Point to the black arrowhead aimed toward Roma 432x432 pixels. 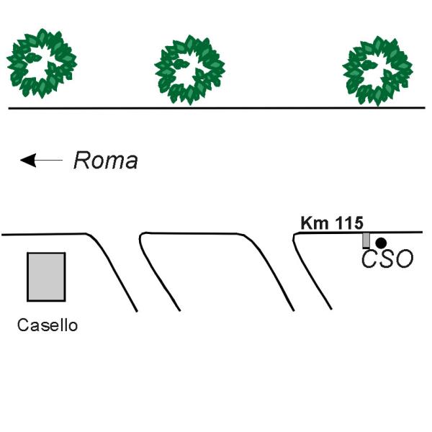tap(28, 160)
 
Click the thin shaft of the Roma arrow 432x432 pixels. tap(50, 160)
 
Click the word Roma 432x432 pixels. tap(106, 161)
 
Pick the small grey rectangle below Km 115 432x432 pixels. tap(366, 240)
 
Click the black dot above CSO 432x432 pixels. tap(382, 243)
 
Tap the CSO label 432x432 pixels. tap(387, 258)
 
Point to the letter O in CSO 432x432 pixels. tap(405, 258)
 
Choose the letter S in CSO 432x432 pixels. tap(387, 258)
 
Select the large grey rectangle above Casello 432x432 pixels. tap(46, 277)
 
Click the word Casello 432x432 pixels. tap(48, 325)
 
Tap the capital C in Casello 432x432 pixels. tap(23, 325)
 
